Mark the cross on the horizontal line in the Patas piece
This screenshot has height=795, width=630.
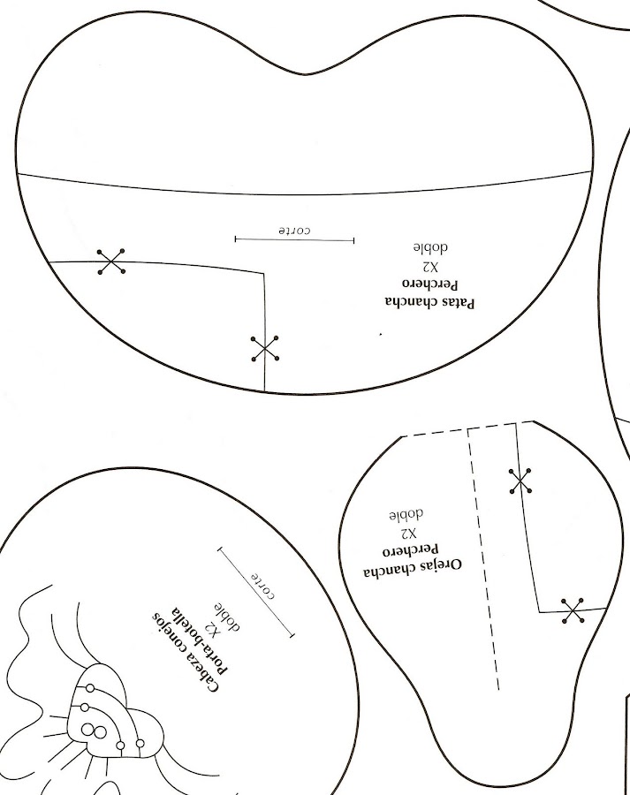click(x=111, y=261)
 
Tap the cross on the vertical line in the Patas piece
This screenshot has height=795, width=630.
click(x=264, y=348)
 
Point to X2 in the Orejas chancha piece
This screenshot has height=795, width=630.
click(x=408, y=534)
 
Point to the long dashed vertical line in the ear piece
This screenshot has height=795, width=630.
click(x=482, y=556)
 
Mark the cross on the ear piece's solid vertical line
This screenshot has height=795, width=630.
click(x=520, y=481)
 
